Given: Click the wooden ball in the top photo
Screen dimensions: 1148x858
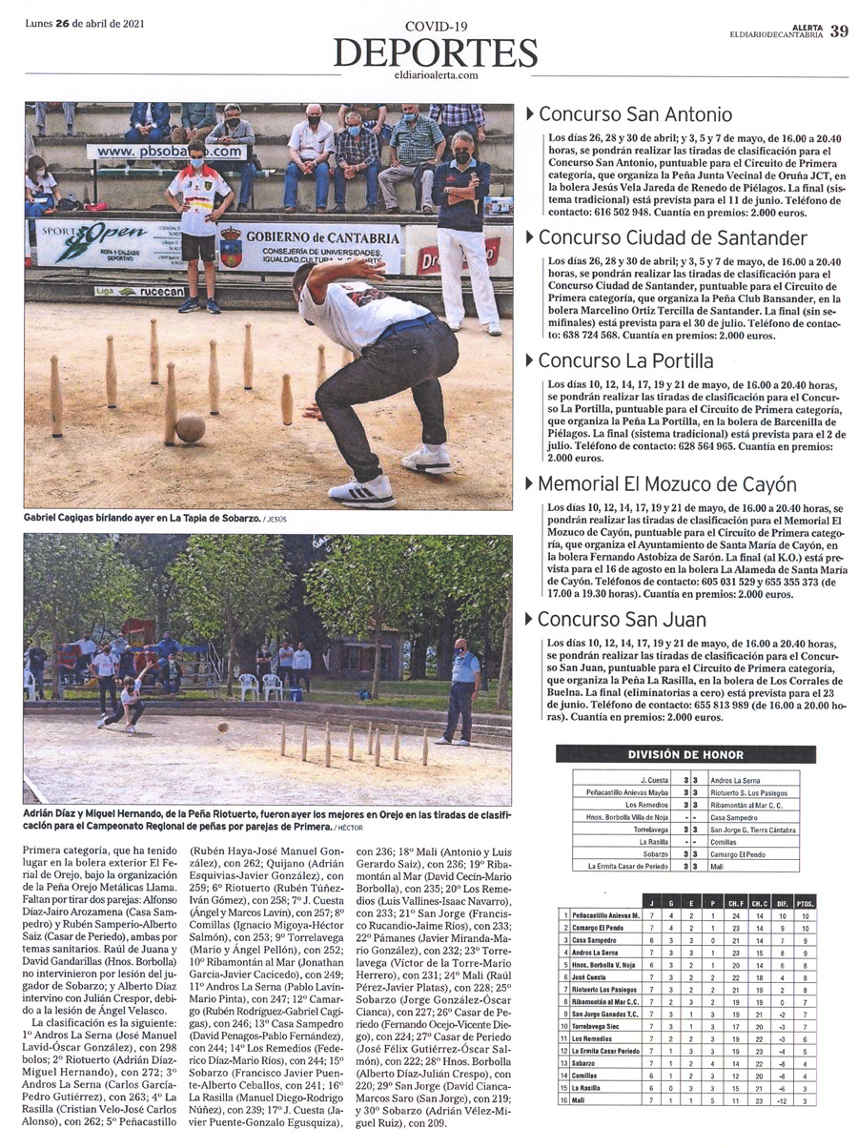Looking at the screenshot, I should pos(190,427).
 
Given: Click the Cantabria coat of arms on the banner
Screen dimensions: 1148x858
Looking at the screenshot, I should pos(232,246).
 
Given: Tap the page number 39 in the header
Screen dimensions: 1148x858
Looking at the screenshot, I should pos(839,31).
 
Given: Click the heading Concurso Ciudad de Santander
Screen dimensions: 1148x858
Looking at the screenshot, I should pos(672,237).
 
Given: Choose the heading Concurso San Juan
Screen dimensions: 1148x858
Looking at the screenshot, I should pos(622,619).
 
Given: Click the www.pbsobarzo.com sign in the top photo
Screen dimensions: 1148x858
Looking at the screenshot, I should pos(169,151).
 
